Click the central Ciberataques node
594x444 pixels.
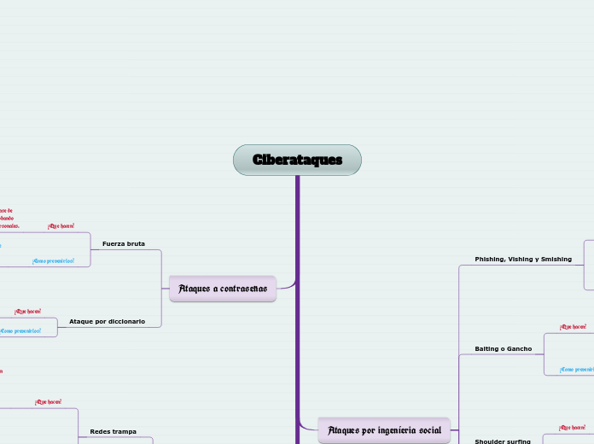[x=297, y=160]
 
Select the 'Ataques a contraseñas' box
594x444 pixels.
[x=223, y=289]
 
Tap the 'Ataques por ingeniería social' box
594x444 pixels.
[x=383, y=430]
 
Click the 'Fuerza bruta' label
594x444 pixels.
[x=124, y=244]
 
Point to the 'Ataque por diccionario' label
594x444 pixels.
[x=107, y=321]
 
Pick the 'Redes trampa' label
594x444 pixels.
[x=113, y=432]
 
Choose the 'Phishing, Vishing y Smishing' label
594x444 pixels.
[x=523, y=259]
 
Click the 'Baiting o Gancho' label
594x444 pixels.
[x=503, y=349]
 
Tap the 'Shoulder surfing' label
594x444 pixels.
[x=503, y=442]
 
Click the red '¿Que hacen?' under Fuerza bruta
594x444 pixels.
[x=61, y=226]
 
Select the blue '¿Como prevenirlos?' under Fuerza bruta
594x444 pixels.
[x=53, y=261]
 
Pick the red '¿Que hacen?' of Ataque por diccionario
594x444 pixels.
[x=27, y=312]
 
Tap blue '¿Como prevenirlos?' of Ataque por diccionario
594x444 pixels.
[x=20, y=330]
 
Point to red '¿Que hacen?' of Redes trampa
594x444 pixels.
[x=48, y=401]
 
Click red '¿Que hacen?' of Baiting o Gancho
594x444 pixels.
[x=573, y=327]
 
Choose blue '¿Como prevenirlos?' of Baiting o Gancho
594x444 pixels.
[x=576, y=370]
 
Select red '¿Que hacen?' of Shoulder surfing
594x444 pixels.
[x=572, y=427]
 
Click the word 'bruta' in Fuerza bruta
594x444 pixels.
[x=134, y=244]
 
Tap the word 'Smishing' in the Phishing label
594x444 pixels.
[x=554, y=259]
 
